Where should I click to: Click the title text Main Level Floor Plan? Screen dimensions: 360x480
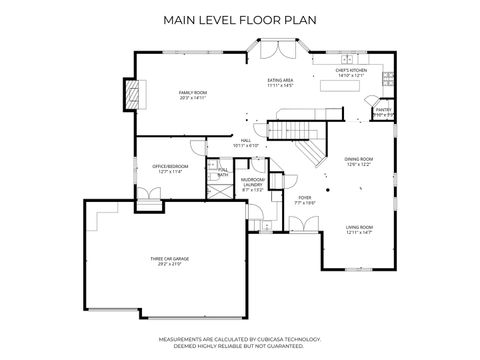[x=240, y=19]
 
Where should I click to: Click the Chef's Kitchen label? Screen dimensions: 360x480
[x=351, y=70]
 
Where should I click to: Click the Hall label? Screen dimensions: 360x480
[x=245, y=140]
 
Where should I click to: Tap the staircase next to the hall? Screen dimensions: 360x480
[x=301, y=135]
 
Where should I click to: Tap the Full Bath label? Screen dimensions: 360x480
[x=223, y=171]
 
